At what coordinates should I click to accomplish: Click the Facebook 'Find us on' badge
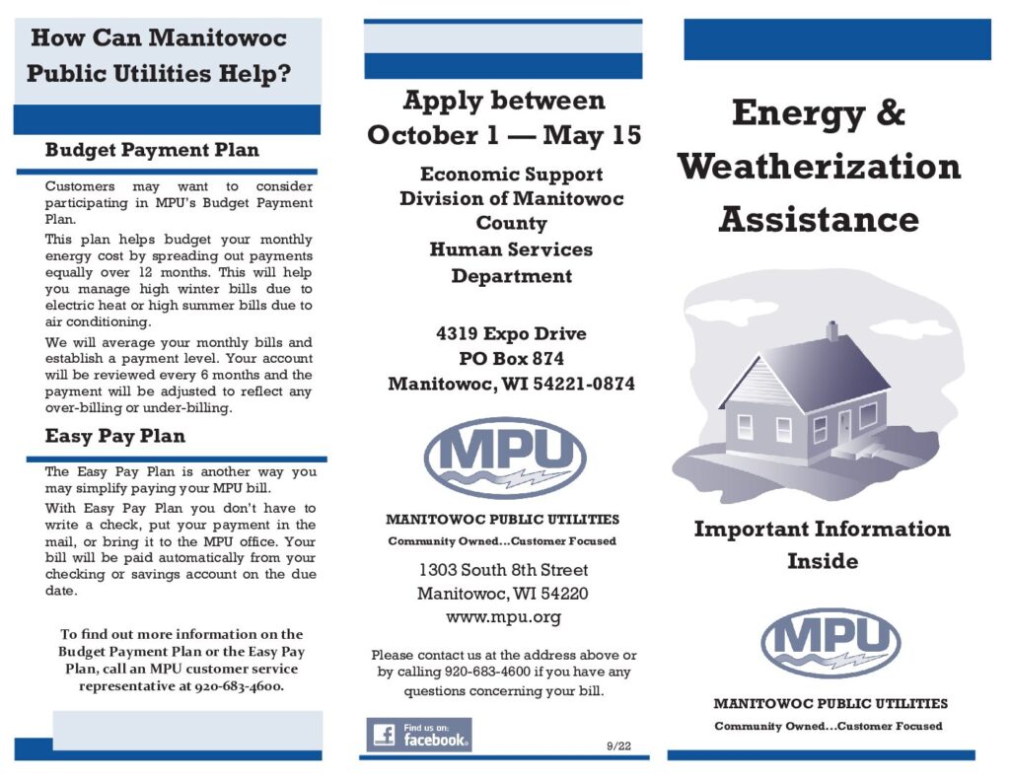click(x=419, y=735)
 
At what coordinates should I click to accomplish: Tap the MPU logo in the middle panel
click(x=504, y=458)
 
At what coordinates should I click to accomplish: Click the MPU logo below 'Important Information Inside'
click(x=830, y=643)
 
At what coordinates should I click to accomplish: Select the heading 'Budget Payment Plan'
click(x=152, y=151)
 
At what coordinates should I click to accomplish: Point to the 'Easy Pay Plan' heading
click(x=115, y=436)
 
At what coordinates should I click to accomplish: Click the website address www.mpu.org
click(x=503, y=617)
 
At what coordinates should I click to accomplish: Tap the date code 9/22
click(x=618, y=745)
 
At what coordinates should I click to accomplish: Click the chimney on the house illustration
click(x=832, y=330)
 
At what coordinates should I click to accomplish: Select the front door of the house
click(x=844, y=426)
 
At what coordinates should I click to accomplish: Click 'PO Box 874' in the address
click(x=511, y=359)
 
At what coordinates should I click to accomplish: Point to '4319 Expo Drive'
click(x=511, y=333)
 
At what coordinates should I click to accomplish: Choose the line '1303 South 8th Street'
click(x=503, y=570)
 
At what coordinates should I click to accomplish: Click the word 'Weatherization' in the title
click(x=819, y=166)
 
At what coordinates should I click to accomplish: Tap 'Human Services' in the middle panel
click(x=511, y=249)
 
